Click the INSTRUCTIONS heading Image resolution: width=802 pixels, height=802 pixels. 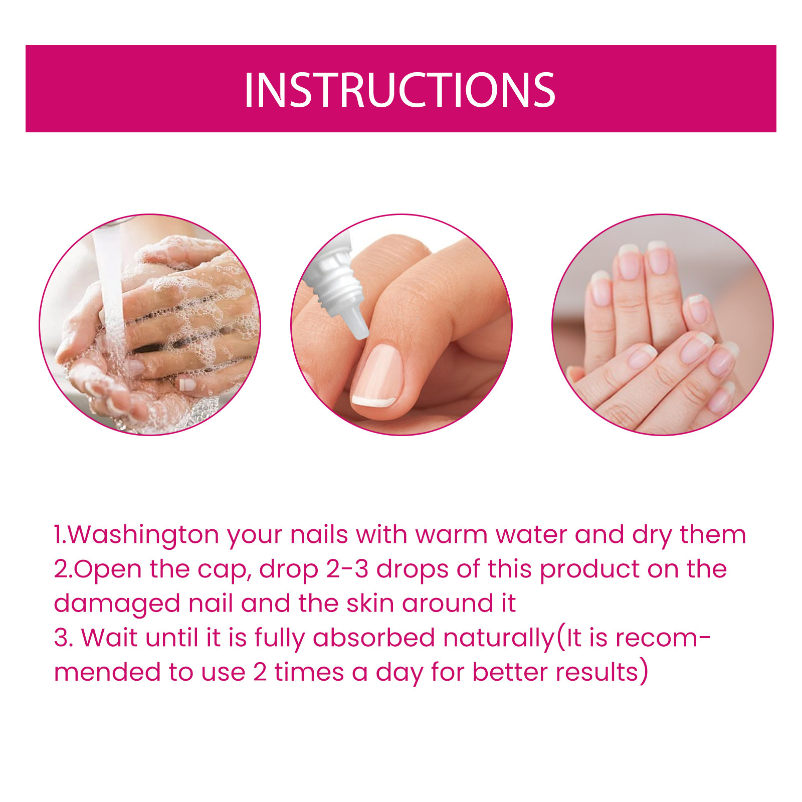click(399, 90)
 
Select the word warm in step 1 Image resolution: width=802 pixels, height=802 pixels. click(451, 535)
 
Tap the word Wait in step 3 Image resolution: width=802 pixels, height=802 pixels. click(109, 638)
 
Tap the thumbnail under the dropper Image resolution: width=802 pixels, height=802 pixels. click(377, 375)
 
